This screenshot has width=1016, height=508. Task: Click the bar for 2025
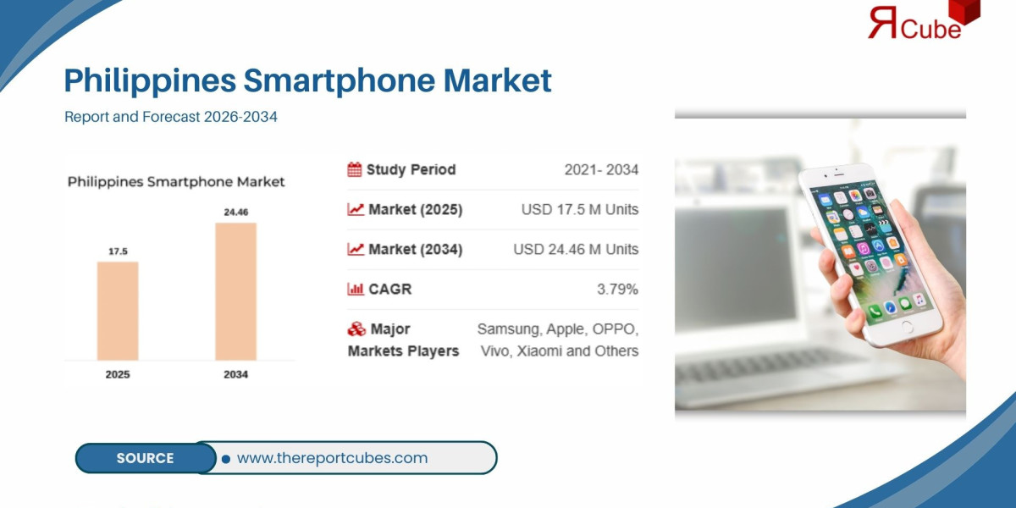tap(118, 310)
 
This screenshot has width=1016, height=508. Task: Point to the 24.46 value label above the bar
tap(235, 212)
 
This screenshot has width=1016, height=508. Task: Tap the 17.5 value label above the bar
tap(118, 251)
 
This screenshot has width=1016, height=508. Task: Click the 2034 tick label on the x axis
tap(235, 374)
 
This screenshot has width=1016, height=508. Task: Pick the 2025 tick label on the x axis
tap(118, 374)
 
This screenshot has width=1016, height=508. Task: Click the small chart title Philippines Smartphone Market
tap(176, 182)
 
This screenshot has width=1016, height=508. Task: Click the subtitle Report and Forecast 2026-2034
tap(171, 117)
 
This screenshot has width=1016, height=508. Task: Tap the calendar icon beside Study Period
tap(355, 169)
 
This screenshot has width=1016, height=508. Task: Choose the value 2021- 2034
tap(601, 169)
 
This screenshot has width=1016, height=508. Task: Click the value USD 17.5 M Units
tap(580, 209)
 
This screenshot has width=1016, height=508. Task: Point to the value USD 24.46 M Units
tap(576, 249)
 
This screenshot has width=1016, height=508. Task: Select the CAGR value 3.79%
tap(617, 289)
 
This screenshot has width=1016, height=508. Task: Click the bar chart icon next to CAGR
tap(356, 290)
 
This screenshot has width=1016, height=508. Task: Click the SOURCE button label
tap(145, 458)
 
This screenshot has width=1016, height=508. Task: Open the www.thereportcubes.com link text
tap(332, 458)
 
